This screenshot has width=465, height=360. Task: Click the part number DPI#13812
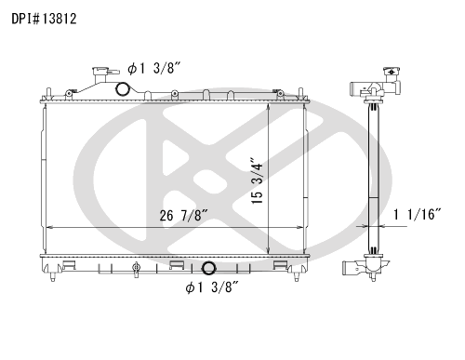44,19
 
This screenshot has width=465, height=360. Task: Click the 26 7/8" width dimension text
183,215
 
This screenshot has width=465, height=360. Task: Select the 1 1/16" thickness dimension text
417,214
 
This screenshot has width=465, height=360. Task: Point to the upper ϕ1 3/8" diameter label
153,68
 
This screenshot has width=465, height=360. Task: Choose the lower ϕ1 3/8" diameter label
212,287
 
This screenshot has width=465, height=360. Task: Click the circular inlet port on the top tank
122,89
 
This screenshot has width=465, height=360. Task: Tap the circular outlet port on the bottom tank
208,268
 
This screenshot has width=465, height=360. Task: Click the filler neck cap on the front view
100,71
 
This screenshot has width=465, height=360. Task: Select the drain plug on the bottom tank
136,269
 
